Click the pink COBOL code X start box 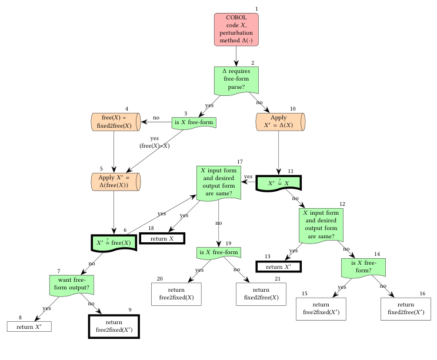236,29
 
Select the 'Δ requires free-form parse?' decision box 236,79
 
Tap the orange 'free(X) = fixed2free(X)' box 115,122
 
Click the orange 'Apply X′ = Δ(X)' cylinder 281,122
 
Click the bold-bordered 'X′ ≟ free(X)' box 114,242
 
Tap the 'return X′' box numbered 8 29,326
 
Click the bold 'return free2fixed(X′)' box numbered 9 114,326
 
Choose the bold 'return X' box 162,238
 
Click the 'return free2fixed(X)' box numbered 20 176,294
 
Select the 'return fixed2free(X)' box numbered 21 261,294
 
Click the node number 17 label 240,162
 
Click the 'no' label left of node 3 156,118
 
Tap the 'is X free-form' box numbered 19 219,253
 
